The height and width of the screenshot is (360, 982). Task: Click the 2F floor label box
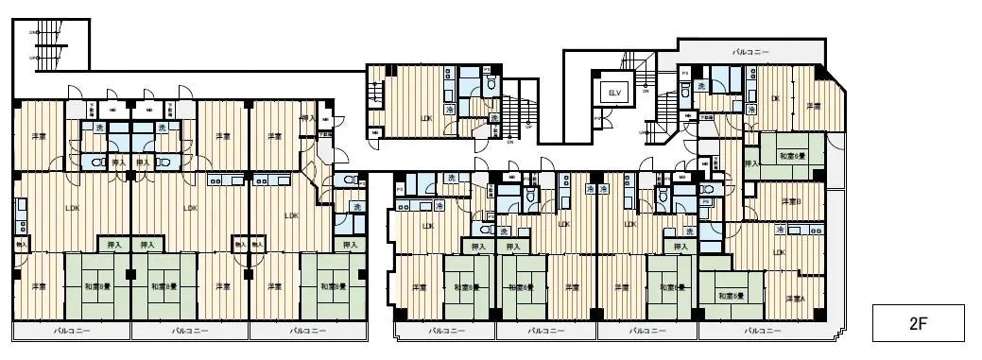(917, 323)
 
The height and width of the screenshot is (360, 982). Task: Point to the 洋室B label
(792, 201)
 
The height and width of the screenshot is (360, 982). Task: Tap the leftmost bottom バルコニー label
(72, 332)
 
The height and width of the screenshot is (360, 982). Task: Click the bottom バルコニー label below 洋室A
(762, 332)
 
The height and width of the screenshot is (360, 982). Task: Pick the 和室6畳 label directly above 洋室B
(791, 155)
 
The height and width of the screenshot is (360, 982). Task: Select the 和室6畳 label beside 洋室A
(732, 296)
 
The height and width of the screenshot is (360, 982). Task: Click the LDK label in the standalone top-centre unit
(426, 118)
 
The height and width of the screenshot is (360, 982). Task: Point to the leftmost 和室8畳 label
(97, 286)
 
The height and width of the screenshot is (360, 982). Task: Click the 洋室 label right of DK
(812, 106)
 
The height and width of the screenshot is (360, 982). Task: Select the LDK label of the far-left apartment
(72, 208)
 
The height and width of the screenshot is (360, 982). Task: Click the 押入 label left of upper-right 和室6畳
(751, 163)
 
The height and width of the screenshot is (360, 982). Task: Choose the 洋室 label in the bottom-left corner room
(39, 286)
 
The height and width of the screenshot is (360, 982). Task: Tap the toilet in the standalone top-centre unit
(490, 85)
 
